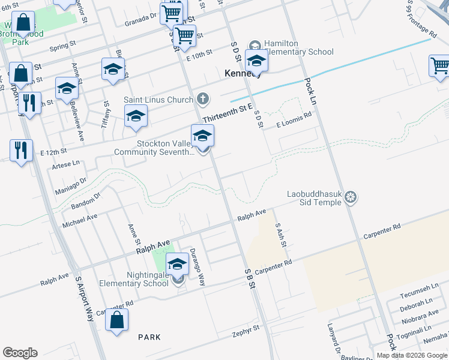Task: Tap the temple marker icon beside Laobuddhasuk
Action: tap(352, 197)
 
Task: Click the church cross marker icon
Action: tap(203, 99)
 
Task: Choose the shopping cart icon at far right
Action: tap(439, 65)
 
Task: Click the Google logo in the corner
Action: tap(20, 353)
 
